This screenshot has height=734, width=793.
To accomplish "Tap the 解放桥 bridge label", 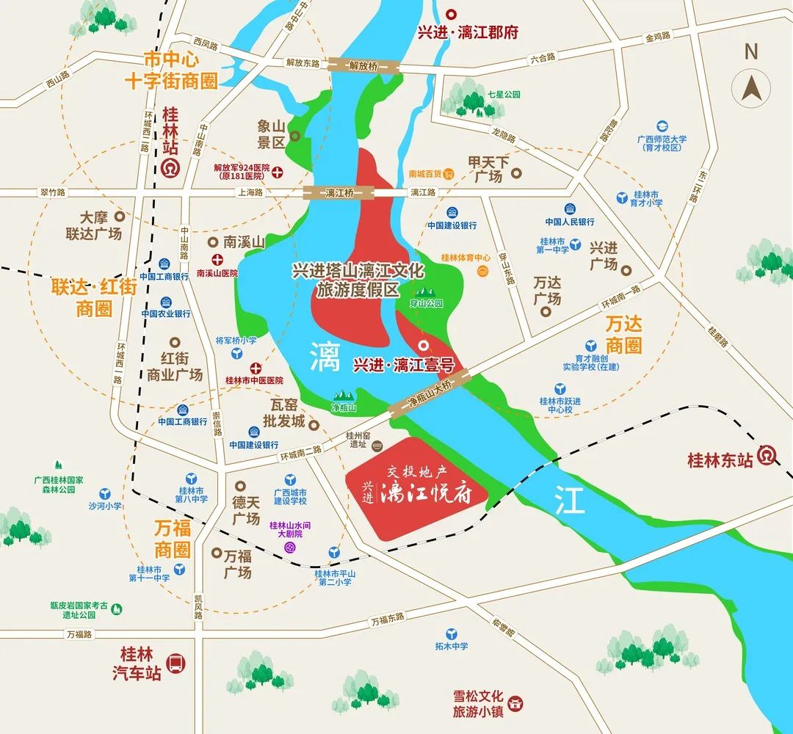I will [x=363, y=65].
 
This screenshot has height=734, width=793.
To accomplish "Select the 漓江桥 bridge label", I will [x=339, y=192].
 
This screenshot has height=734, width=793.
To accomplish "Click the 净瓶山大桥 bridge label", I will [x=430, y=394].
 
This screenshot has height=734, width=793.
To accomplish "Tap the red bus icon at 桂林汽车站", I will [x=175, y=664].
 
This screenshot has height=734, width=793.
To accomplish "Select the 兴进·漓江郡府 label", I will [x=488, y=32].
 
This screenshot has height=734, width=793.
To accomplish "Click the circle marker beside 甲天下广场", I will [x=517, y=174].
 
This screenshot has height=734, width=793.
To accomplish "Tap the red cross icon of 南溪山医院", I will [x=218, y=259].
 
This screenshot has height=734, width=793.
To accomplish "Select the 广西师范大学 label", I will [x=662, y=142].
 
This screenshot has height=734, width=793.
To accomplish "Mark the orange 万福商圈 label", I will [x=173, y=538].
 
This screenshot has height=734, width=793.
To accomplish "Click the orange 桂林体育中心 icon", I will [x=483, y=272].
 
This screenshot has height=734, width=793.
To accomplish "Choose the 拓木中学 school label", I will [x=450, y=646].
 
